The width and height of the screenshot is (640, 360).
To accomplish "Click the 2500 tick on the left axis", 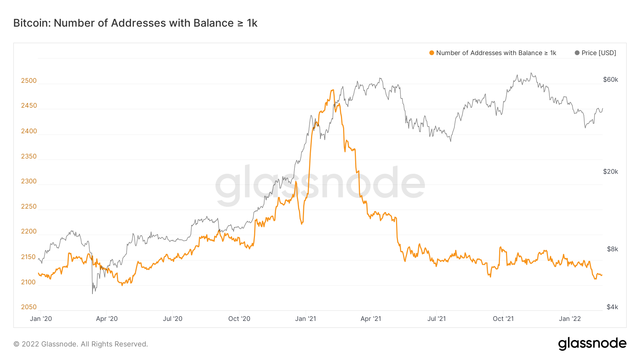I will click(x=29, y=81).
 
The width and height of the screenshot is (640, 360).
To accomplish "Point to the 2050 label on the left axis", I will click(x=29, y=307).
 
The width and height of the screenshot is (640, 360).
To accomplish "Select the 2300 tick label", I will click(x=29, y=181).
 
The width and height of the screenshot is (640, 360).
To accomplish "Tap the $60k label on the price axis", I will click(x=610, y=80).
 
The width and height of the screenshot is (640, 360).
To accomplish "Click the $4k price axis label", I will click(x=612, y=307).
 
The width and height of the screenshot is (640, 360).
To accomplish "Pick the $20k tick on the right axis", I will click(x=610, y=172).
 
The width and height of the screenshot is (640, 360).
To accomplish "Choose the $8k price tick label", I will click(x=612, y=249).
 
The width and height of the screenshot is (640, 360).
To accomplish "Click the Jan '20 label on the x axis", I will click(x=41, y=319).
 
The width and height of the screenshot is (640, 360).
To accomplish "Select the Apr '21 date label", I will click(x=371, y=319).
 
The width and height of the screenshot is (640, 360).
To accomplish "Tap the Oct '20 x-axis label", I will click(x=239, y=319).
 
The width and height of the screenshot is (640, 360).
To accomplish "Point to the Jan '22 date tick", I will click(x=570, y=319).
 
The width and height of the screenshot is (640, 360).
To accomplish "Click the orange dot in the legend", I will click(x=432, y=53).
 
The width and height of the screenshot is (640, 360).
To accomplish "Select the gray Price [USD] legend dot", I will click(x=577, y=53).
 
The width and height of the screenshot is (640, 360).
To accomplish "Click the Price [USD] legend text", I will click(x=599, y=53).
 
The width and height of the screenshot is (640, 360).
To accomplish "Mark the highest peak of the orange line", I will click(x=333, y=90).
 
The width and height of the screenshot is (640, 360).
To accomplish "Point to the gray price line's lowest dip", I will click(x=92, y=294).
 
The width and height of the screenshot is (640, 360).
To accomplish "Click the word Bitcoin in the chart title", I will click(x=32, y=23).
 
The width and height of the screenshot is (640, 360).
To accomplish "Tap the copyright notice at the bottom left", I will click(x=81, y=344).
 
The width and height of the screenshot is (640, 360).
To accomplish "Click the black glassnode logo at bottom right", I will click(x=592, y=344).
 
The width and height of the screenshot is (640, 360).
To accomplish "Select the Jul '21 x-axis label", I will click(x=437, y=319).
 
